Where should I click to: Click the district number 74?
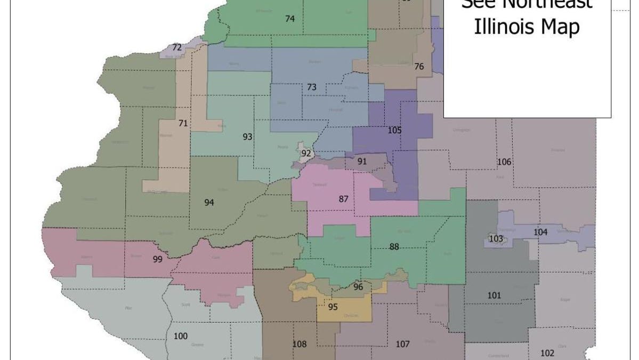tap(290, 18)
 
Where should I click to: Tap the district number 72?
tap(177, 47)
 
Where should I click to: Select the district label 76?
tap(419, 67)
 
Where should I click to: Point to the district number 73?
tap(312, 87)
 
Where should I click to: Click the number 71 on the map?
tap(183, 123)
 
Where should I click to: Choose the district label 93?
tap(247, 137)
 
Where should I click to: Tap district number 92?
tap(306, 154)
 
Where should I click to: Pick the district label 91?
tap(362, 162)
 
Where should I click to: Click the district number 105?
tap(394, 130)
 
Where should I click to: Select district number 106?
tap(504, 162)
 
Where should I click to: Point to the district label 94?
tap(209, 203)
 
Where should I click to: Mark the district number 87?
tap(344, 199)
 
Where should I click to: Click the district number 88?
tap(394, 246)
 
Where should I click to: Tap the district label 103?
tap(496, 238)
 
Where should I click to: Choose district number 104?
tap(540, 232)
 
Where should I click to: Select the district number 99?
tap(157, 260)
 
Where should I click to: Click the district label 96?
tap(358, 287)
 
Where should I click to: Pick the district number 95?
tap(333, 307)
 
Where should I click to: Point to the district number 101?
tap(494, 295)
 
